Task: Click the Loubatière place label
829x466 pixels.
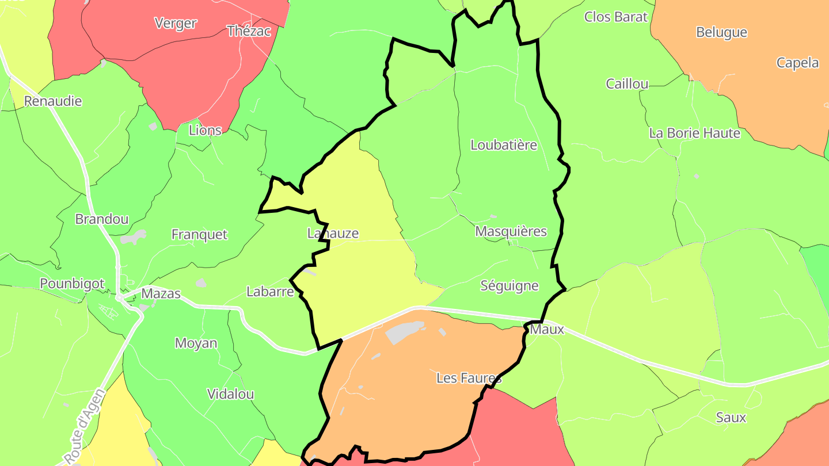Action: (x=504, y=145)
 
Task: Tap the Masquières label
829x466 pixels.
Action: (x=511, y=231)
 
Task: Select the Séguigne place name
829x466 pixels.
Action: (x=509, y=285)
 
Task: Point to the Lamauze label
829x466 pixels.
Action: (x=333, y=234)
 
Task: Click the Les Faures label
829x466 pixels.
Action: (x=469, y=378)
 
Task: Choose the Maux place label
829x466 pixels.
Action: (x=547, y=330)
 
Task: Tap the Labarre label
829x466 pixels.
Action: (x=270, y=292)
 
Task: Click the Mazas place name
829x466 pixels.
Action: (x=161, y=293)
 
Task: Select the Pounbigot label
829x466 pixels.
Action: (x=72, y=284)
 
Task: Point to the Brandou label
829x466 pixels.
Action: (x=102, y=219)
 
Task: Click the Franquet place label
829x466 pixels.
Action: (x=199, y=235)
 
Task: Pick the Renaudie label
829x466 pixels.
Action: (x=53, y=101)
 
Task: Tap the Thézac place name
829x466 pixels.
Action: (x=249, y=31)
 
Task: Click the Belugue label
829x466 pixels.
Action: (x=721, y=32)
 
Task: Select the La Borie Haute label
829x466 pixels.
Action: (x=694, y=133)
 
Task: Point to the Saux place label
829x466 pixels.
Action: (x=731, y=418)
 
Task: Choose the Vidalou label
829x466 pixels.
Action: (x=230, y=395)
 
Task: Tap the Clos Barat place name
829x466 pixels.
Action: (x=615, y=17)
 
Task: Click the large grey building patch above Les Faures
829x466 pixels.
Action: (x=405, y=332)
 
